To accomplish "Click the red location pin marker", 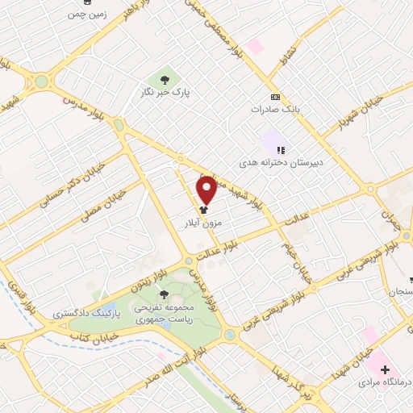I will pos(206,189).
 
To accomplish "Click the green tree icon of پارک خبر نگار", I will pos(165,79).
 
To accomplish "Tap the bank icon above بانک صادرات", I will pos(275,95).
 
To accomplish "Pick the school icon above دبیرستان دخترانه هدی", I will pos(280,149).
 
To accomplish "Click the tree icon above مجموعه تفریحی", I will pos(165,294).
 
